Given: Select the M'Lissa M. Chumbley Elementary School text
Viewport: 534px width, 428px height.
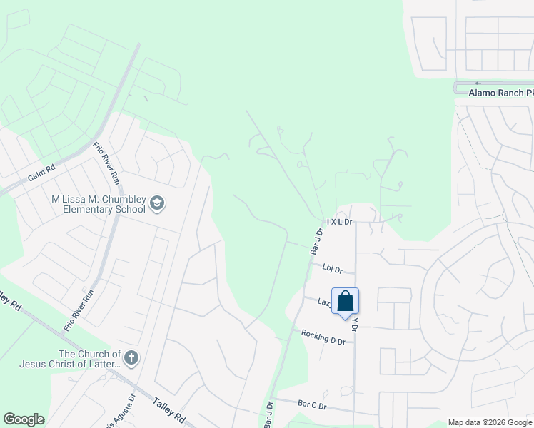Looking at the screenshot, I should [x=99, y=204].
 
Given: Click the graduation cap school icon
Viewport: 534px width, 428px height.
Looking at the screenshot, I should [x=156, y=205].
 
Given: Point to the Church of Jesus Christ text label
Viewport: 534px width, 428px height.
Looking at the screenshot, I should [x=89, y=360].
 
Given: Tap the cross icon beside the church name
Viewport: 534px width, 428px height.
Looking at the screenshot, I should [x=131, y=357].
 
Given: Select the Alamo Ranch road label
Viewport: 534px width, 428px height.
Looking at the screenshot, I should [x=500, y=93].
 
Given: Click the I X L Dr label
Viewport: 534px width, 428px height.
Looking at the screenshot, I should [x=340, y=222].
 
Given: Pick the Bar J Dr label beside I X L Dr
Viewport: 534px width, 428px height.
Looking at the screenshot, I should [x=316, y=240].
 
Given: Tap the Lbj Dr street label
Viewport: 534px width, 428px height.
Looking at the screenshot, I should [x=333, y=269].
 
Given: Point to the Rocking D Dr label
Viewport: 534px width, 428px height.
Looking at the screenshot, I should [x=323, y=337].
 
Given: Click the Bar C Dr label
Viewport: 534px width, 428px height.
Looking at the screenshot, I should [x=311, y=405].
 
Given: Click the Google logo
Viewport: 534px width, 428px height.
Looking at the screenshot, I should [x=24, y=419].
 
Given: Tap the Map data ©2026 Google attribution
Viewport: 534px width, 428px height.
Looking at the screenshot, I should [x=489, y=422].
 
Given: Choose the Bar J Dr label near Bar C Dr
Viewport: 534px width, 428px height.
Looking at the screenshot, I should [x=268, y=415].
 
